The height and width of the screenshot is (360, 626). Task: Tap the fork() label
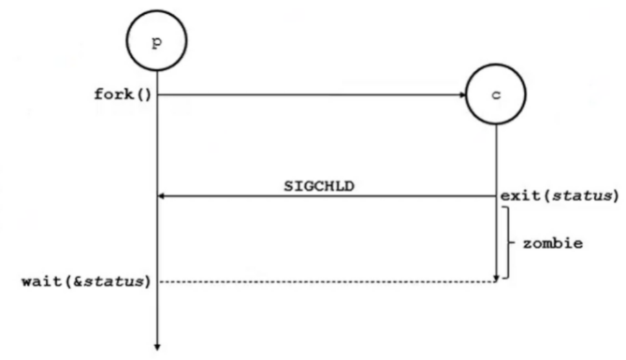tap(123, 94)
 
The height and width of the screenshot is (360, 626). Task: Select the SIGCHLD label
tap(319, 186)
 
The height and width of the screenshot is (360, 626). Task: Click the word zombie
tap(553, 243)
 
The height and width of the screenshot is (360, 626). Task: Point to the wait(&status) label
tap(86, 281)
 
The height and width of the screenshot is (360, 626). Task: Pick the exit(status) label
tap(560, 195)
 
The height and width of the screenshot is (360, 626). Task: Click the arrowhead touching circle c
tap(462, 94)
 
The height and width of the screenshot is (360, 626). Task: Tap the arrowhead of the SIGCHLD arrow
tap(161, 196)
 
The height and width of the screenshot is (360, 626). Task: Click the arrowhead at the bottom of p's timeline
tap(157, 347)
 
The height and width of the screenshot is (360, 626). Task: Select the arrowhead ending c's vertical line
tap(496, 278)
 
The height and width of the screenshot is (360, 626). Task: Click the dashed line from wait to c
tap(328, 281)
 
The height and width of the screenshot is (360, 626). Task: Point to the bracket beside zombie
tap(508, 242)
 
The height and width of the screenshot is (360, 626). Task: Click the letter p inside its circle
tap(157, 41)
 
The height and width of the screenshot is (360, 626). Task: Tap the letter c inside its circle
tap(496, 95)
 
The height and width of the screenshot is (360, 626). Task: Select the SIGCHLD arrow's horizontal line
tap(327, 196)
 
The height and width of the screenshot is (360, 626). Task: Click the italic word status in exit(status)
tap(582, 195)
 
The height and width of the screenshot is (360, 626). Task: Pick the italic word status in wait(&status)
tap(114, 281)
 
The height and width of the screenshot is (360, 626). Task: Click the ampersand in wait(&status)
tap(78, 281)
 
